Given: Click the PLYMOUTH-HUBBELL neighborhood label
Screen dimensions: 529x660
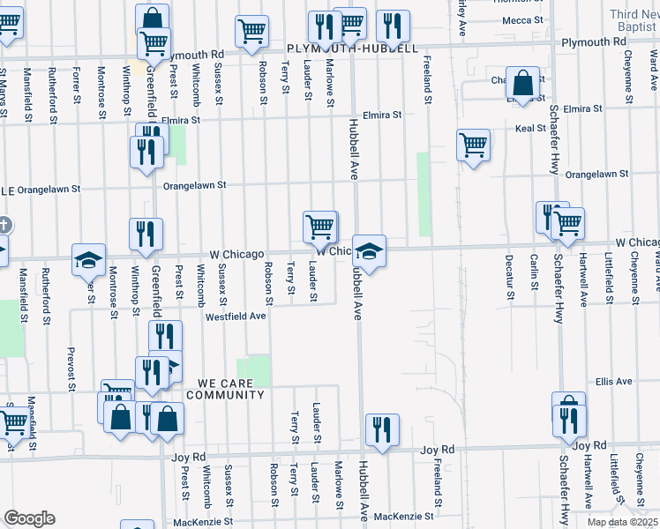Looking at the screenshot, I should [x=351, y=49].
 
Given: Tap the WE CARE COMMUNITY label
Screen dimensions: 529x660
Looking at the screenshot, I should [x=230, y=389].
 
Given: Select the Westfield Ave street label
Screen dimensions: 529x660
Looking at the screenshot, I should [x=236, y=316].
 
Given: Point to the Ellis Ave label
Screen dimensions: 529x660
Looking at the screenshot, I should [x=614, y=382].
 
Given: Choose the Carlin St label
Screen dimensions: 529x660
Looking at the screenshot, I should [x=535, y=272].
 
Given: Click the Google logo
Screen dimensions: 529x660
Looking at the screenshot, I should [x=29, y=518].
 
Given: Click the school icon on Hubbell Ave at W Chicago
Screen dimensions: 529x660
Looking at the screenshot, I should [x=370, y=250].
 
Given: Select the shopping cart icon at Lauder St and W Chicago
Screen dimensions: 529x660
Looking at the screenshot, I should [x=319, y=226].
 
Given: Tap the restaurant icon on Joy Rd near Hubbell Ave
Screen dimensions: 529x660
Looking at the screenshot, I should [x=381, y=430].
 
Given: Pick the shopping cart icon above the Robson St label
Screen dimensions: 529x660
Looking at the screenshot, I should [x=252, y=31].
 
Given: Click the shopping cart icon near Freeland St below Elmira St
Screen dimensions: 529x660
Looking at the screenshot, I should [x=474, y=145].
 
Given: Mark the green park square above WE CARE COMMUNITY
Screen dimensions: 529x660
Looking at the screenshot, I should [x=255, y=369].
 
